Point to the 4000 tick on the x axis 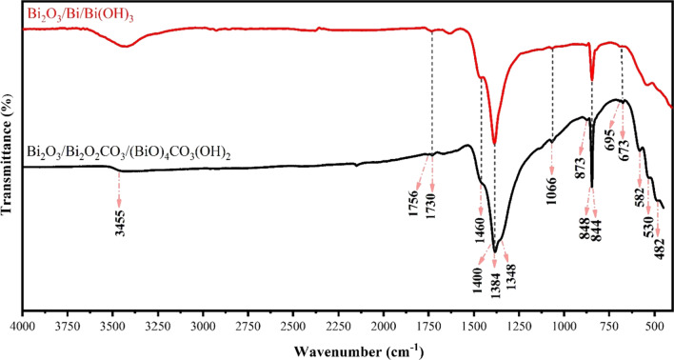point(22,325)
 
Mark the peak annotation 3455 point(119,220)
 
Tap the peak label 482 point(659,250)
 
